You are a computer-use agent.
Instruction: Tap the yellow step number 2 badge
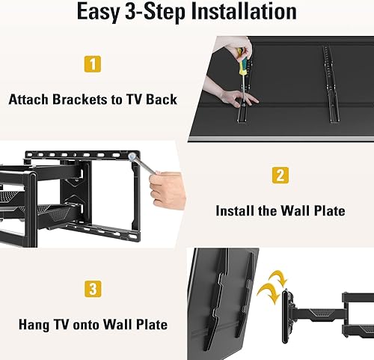[x=279, y=176]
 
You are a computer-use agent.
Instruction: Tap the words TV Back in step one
[x=154, y=99]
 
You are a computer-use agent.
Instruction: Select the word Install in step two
[x=236, y=211]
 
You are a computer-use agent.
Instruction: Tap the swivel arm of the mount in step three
[x=318, y=308]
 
